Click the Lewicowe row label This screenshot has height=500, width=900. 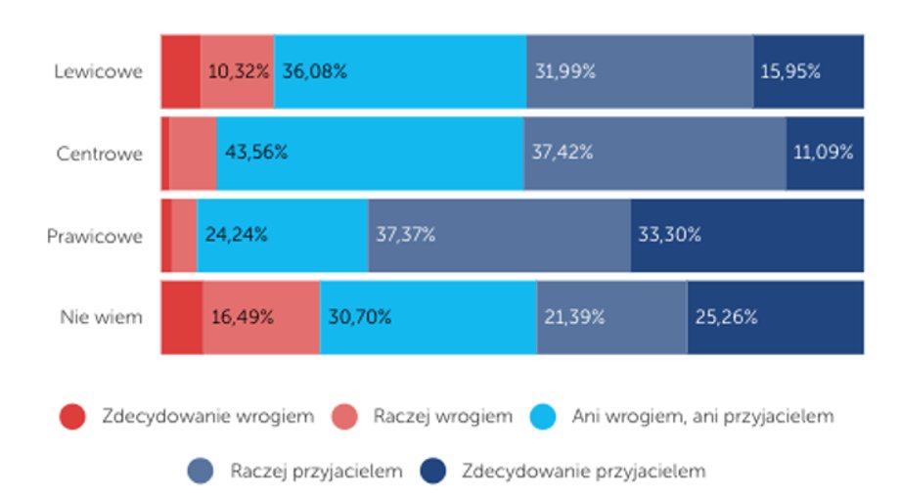click(98, 71)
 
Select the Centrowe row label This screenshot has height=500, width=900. click(99, 154)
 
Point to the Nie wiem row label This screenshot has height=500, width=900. click(101, 317)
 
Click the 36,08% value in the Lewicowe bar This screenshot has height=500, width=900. click(314, 71)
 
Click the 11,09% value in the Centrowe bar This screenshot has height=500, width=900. click(823, 154)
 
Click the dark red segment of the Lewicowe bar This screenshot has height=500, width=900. click(181, 71)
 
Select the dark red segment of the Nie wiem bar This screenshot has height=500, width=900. click(182, 317)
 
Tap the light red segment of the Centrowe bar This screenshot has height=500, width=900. click(193, 154)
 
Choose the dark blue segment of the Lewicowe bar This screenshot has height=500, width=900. click(808, 71)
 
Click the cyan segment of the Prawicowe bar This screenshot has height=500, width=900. click(283, 236)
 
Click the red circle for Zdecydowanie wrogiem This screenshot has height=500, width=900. click(72, 417)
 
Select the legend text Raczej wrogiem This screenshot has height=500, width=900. click(442, 417)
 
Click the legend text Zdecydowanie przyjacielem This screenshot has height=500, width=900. click(583, 472)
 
